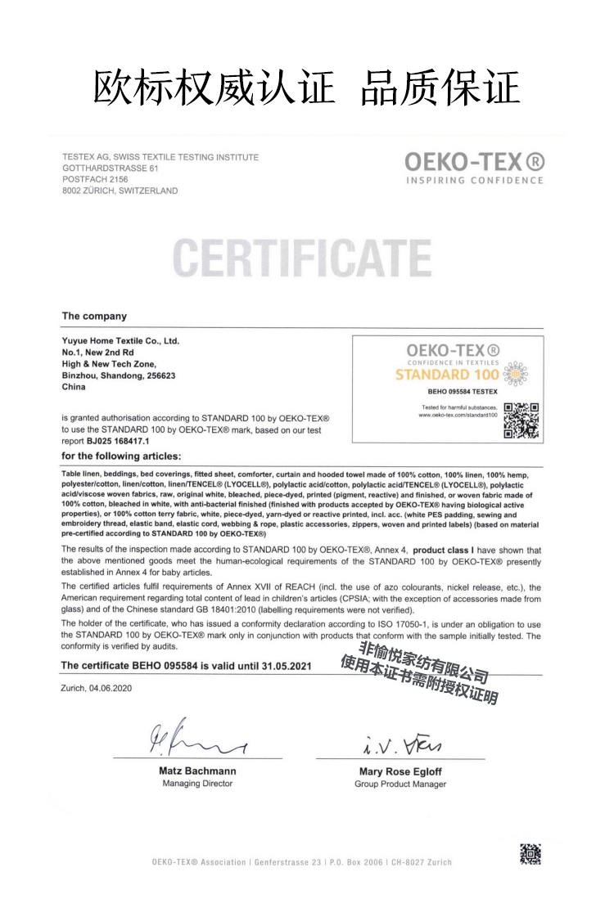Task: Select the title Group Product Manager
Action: point(400,784)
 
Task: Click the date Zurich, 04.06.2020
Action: point(97,688)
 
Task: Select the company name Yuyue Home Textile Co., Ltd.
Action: point(120,340)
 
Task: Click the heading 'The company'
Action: point(94,316)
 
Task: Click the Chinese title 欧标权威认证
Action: point(214,88)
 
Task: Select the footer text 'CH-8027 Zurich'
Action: point(422,862)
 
